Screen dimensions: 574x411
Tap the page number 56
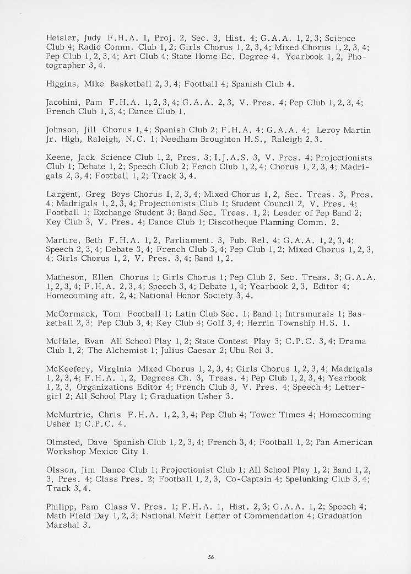click(210, 557)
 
